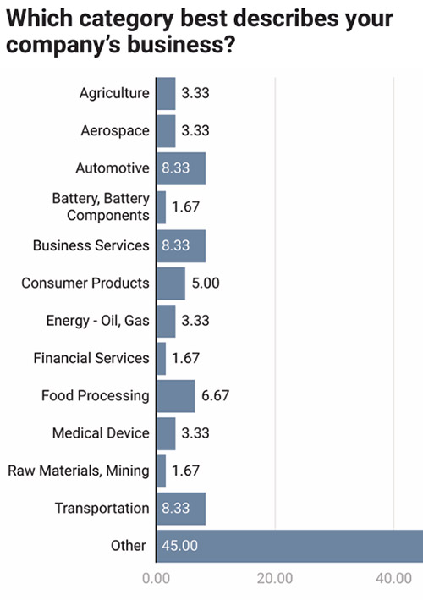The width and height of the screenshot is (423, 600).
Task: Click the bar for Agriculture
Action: (166, 94)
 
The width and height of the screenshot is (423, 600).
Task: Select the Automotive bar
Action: (180, 168)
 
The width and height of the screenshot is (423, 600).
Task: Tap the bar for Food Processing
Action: (175, 395)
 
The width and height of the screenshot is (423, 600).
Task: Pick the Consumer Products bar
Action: (170, 283)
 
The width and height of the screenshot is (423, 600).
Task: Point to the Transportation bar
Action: (180, 509)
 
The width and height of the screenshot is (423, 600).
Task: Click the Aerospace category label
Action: (115, 131)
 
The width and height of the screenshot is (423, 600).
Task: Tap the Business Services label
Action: (91, 245)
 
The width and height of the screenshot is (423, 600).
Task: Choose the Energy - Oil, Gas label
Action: (97, 320)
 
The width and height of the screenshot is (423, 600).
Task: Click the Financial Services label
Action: (91, 358)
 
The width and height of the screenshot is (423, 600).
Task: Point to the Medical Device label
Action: (101, 433)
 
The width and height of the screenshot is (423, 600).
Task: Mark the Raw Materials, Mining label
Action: (79, 471)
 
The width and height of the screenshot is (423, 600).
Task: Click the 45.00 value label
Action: (179, 546)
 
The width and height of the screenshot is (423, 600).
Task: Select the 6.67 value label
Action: (215, 395)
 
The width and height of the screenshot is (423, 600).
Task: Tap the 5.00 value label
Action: (205, 283)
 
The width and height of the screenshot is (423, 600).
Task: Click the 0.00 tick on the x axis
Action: (156, 580)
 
